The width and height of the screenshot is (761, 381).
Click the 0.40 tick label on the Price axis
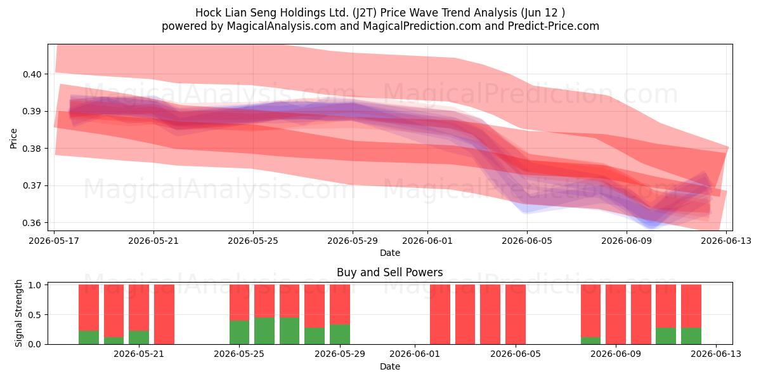tap(32, 74)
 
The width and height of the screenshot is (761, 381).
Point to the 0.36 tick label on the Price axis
tap(32, 223)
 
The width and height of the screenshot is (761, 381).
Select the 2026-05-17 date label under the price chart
tap(54, 241)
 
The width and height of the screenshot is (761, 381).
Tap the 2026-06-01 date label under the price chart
tap(427, 241)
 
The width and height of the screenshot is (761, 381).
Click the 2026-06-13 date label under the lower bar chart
tap(716, 354)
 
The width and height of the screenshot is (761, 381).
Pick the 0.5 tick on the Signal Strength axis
tap(35, 315)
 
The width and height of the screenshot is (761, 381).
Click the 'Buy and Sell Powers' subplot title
tap(389, 272)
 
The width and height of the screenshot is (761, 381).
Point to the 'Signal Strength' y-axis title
tap(18, 313)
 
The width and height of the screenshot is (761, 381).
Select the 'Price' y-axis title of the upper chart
tap(13, 138)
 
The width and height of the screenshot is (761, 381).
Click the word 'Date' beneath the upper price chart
tap(389, 253)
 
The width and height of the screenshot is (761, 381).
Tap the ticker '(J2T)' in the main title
tap(365, 13)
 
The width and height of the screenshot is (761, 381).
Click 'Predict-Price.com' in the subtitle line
tap(554, 26)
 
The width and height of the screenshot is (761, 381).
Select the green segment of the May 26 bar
tap(264, 331)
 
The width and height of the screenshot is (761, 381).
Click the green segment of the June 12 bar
tap(691, 336)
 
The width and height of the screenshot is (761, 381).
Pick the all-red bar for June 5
tap(516, 314)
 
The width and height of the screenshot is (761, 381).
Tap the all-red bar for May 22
tap(164, 314)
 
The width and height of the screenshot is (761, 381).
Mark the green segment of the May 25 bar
tap(239, 332)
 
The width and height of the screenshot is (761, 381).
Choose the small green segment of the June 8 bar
tap(590, 340)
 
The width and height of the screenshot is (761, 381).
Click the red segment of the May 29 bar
tap(340, 304)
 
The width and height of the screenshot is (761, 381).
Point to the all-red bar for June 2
tap(440, 314)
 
